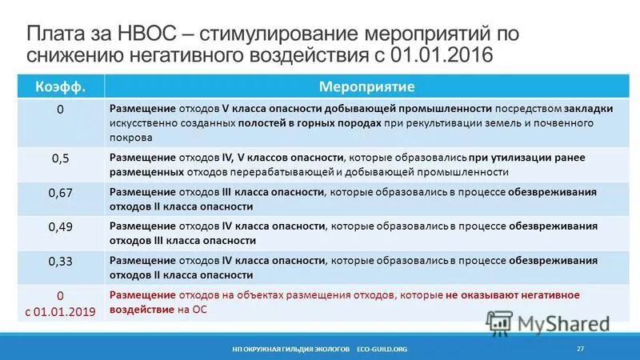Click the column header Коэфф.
coord(60,85)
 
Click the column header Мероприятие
coord(366,85)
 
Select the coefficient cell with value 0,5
coord(60,158)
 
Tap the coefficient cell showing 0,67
coord(60,192)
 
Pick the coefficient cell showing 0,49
coord(60,226)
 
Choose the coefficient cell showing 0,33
coord(60,261)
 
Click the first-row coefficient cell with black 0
coord(60,110)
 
